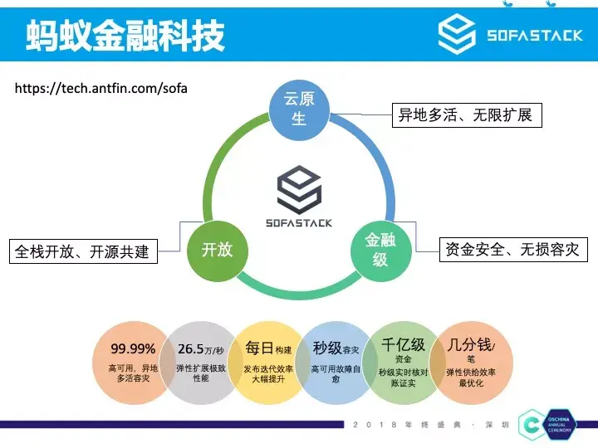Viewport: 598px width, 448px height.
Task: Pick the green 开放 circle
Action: [x=217, y=249]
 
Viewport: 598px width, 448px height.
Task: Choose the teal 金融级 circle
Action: [x=380, y=250]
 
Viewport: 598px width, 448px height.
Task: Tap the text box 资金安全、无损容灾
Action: [x=512, y=249]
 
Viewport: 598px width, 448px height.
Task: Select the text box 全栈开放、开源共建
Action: [x=82, y=251]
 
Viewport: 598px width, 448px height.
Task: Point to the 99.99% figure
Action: [x=133, y=348]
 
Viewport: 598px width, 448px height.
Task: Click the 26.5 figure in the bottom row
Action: [x=194, y=348]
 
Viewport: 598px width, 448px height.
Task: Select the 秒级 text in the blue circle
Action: [x=327, y=348]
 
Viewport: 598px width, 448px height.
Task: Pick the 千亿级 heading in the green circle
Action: [x=403, y=343]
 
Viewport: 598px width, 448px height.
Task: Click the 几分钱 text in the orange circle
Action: [x=468, y=343]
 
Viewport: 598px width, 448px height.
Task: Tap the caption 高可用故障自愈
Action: [x=336, y=374]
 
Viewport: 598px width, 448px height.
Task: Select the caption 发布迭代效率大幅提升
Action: [x=267, y=374]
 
